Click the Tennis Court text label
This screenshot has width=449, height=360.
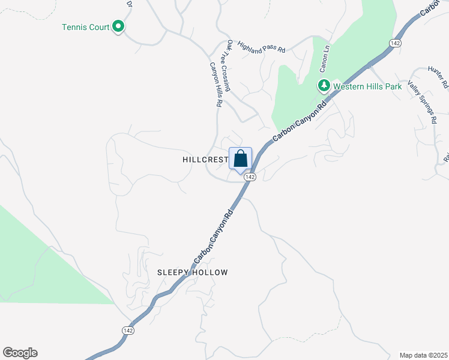(86, 27)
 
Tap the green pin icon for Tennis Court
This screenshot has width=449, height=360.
(119, 26)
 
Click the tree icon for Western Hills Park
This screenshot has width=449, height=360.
(324, 86)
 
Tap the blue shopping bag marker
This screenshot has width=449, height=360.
(240, 160)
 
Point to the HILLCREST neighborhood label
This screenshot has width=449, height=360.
(205, 160)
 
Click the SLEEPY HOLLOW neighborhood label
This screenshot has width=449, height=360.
(193, 272)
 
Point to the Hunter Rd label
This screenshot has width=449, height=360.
(438, 77)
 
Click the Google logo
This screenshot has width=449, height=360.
(20, 353)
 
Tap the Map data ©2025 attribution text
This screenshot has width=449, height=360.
(424, 355)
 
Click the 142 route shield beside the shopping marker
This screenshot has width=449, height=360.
(251, 177)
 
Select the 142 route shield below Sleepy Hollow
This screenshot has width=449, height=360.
(127, 331)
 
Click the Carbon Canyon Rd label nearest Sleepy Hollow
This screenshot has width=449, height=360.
(213, 238)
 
